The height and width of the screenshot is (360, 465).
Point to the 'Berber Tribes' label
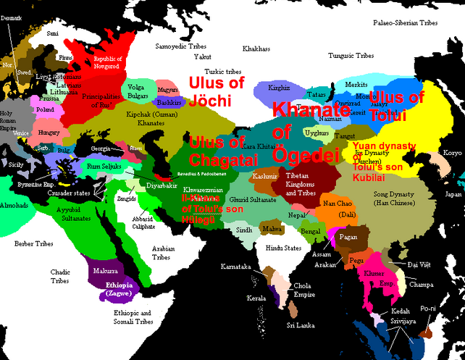pos(34,243)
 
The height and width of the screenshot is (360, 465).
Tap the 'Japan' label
pos(453,194)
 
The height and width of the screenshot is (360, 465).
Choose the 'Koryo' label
pos(451,153)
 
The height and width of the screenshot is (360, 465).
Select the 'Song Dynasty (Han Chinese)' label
pos(393,199)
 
